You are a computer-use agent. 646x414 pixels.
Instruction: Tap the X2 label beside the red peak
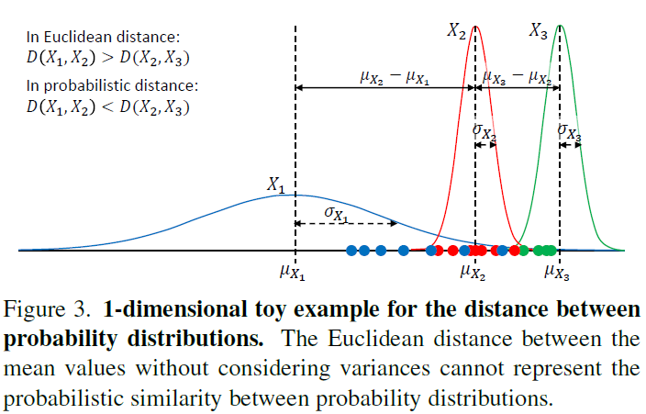pyautogui.click(x=456, y=31)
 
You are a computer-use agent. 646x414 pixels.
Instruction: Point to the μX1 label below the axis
pyautogui.click(x=293, y=272)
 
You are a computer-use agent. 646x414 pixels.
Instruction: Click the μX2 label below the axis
pyautogui.click(x=473, y=272)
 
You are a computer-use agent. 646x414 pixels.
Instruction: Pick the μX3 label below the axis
pyautogui.click(x=557, y=272)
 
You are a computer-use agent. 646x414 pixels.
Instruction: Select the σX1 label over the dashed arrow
pyautogui.click(x=337, y=213)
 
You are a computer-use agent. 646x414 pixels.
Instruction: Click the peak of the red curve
pyautogui.click(x=475, y=27)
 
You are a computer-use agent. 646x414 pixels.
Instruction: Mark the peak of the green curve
pyautogui.click(x=560, y=26)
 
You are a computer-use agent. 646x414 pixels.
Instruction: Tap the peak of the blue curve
pyautogui.click(x=295, y=195)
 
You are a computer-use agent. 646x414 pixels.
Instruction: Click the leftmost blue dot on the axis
pyautogui.click(x=351, y=250)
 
